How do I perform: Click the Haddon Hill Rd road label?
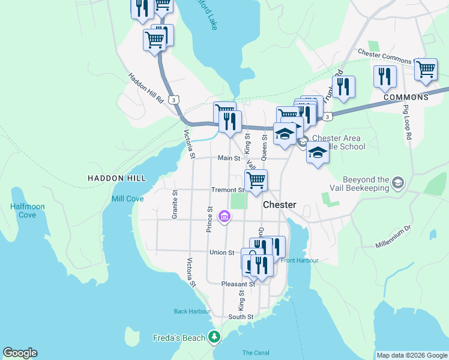[146, 89]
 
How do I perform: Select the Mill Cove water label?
[127, 199]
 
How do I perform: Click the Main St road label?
[229, 158]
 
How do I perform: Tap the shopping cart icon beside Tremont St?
[256, 179]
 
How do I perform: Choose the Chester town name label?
[280, 205]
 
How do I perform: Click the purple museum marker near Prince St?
[224, 216]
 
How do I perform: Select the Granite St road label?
[175, 205]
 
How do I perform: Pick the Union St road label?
[221, 253]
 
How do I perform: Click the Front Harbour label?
[299, 260]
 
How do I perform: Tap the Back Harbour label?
[192, 311]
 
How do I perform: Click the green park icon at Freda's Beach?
[215, 338]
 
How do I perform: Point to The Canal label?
[256, 352]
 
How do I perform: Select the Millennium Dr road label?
[392, 237]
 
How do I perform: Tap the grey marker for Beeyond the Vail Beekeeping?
[397, 182]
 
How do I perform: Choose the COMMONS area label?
[406, 97]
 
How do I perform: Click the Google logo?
[20, 353]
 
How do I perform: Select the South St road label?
[241, 317]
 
